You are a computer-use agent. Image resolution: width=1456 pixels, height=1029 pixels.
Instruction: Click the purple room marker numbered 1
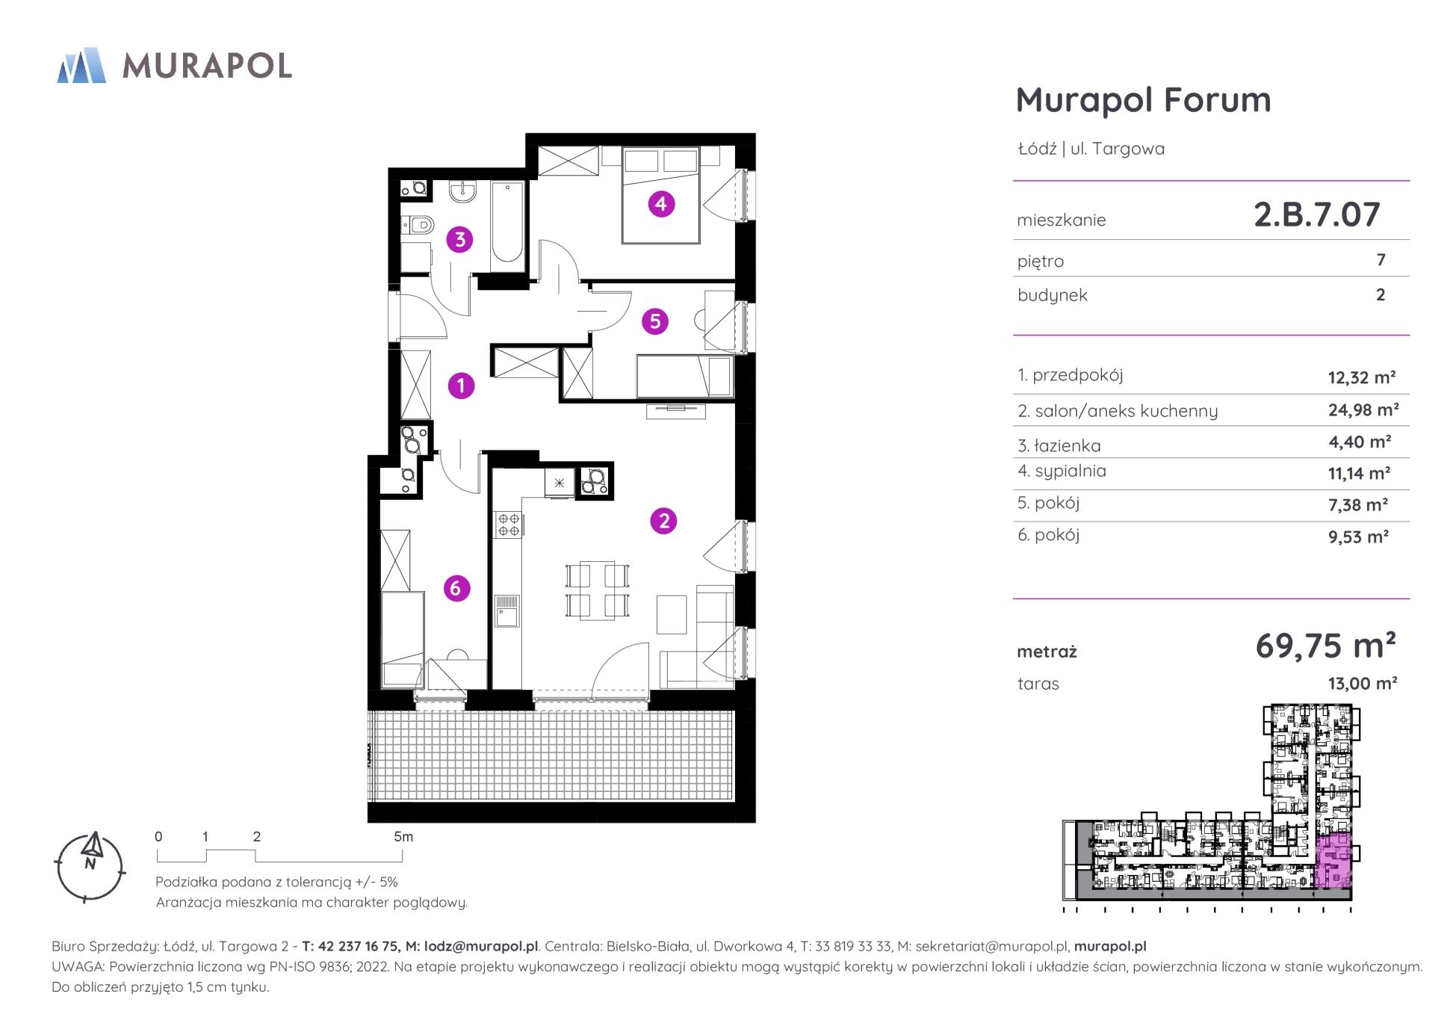(461, 386)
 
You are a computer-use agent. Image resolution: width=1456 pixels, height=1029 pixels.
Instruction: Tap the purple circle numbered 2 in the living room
(663, 521)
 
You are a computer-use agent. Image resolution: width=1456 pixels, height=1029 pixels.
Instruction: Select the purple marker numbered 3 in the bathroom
(459, 240)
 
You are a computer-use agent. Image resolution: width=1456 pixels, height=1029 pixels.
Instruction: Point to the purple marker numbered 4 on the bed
(661, 203)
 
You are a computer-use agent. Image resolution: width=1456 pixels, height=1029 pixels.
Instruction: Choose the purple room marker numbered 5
(655, 321)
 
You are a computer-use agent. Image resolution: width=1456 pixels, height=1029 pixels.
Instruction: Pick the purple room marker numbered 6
(456, 588)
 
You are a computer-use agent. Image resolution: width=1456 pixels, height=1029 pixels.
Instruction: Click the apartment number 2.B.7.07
(1316, 215)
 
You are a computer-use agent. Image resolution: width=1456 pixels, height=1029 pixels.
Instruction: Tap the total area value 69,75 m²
(1325, 645)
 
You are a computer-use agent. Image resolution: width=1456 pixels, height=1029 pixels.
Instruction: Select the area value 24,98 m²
(1363, 410)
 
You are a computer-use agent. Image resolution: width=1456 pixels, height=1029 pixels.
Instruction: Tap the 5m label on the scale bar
(403, 837)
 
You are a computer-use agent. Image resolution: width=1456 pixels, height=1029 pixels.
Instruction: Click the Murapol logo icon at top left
(81, 65)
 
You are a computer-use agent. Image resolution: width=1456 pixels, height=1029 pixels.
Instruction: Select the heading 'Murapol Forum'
(1143, 100)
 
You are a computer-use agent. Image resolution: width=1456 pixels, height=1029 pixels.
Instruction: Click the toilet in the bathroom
(418, 223)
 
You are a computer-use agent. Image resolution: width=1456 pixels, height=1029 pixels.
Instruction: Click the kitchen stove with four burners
(509, 525)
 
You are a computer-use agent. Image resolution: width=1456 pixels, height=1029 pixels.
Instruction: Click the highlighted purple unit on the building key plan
(1333, 861)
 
